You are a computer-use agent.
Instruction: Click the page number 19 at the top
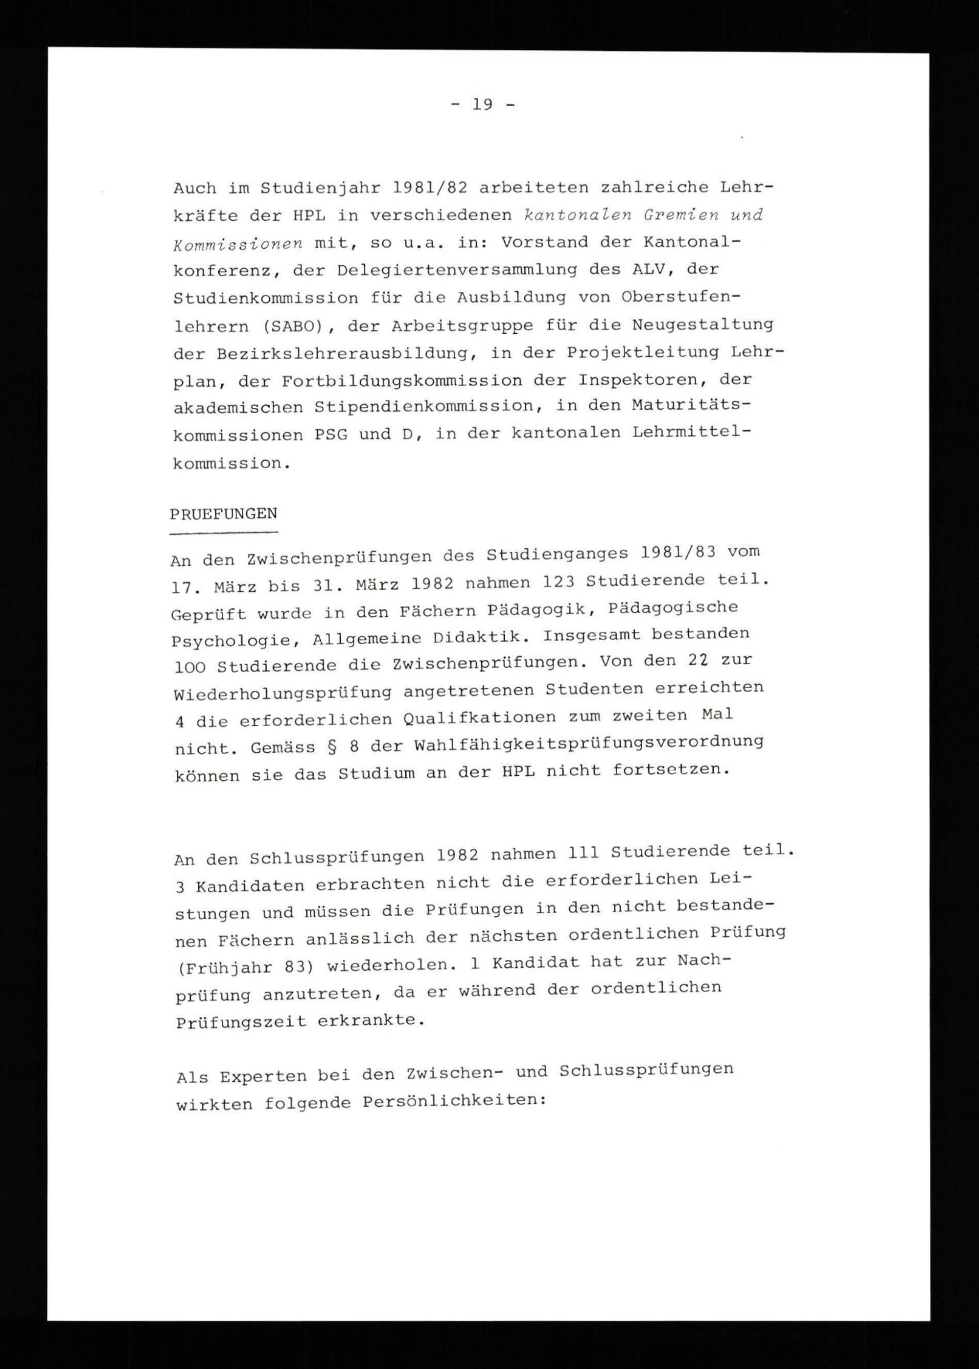coord(482,105)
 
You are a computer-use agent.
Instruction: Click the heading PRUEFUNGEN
coord(224,514)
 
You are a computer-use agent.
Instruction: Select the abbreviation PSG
coord(331,435)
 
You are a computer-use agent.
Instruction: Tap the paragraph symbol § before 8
coord(331,747)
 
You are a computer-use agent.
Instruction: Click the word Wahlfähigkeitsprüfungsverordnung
coord(588,743)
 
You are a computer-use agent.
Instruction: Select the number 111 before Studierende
coord(581,853)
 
